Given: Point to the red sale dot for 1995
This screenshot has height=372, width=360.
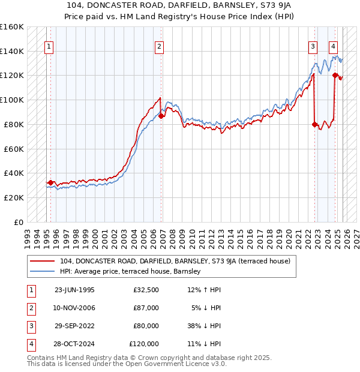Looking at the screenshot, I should [x=51, y=182].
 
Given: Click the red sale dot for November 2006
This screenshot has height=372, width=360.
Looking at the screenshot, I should [x=161, y=116].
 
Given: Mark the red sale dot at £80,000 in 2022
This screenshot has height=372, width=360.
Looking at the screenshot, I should [x=315, y=124].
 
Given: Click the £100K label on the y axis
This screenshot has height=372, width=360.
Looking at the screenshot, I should [x=12, y=100].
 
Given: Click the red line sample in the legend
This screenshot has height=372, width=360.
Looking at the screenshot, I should [x=43, y=261].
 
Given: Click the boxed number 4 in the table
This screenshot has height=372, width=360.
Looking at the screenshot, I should [x=29, y=344].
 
